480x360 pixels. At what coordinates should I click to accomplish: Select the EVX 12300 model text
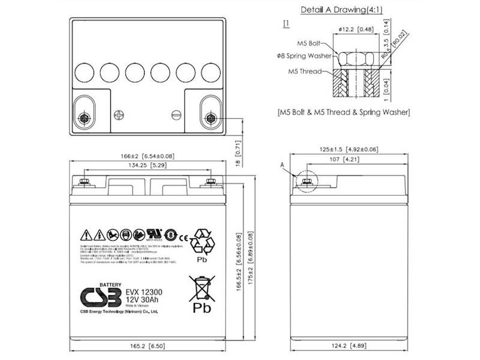(144, 292)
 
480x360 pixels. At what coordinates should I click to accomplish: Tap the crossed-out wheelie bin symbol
(199, 286)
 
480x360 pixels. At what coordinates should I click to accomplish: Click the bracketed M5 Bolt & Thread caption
(344, 112)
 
